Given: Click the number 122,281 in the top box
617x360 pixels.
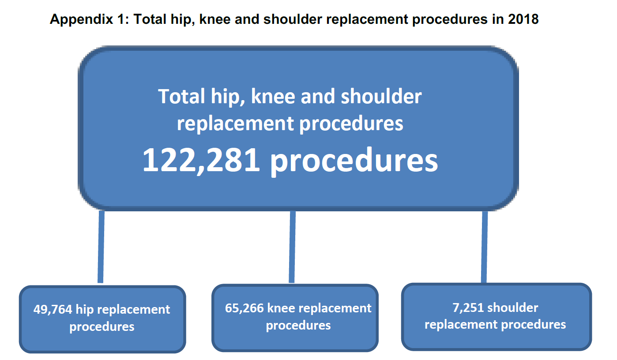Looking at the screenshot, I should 201,160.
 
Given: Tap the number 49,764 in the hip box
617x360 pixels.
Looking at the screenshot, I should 53,309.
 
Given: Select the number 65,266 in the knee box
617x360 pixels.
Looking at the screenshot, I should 244,308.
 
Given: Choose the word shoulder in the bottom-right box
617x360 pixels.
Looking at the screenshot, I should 513,307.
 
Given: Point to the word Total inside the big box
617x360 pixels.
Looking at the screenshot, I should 180,97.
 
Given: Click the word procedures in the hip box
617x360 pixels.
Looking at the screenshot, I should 102,327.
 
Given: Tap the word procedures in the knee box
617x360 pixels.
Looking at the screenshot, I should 298,326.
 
